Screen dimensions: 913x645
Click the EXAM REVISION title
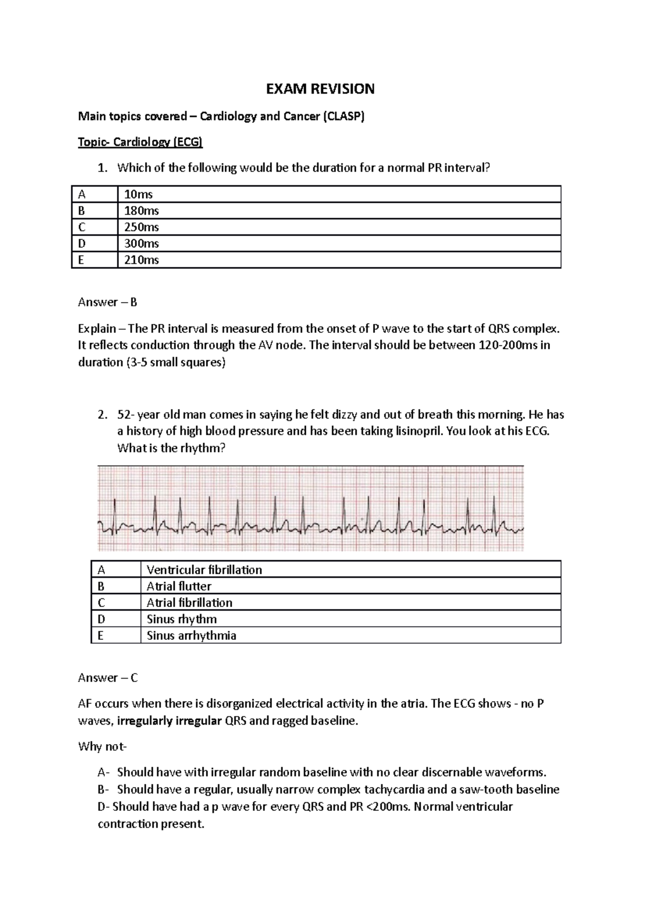pos(320,89)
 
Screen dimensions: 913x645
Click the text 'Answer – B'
pos(107,302)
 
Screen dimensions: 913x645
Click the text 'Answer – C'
pos(107,678)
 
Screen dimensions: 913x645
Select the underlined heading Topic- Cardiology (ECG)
pos(140,142)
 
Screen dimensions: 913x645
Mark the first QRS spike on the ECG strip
pos(114,511)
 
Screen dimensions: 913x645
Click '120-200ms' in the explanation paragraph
pos(507,345)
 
